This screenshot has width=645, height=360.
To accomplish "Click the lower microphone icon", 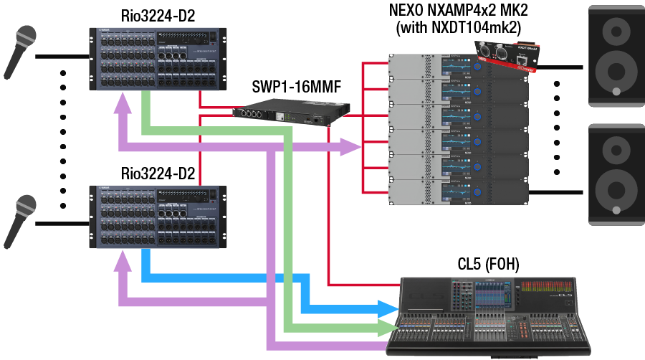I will pyautogui.click(x=20, y=218).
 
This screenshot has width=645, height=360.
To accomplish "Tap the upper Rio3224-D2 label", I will pyautogui.click(x=158, y=16).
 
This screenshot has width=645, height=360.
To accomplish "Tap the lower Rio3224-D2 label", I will pyautogui.click(x=158, y=173).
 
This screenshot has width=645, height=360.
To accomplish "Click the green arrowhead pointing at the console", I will pyautogui.click(x=388, y=328).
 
